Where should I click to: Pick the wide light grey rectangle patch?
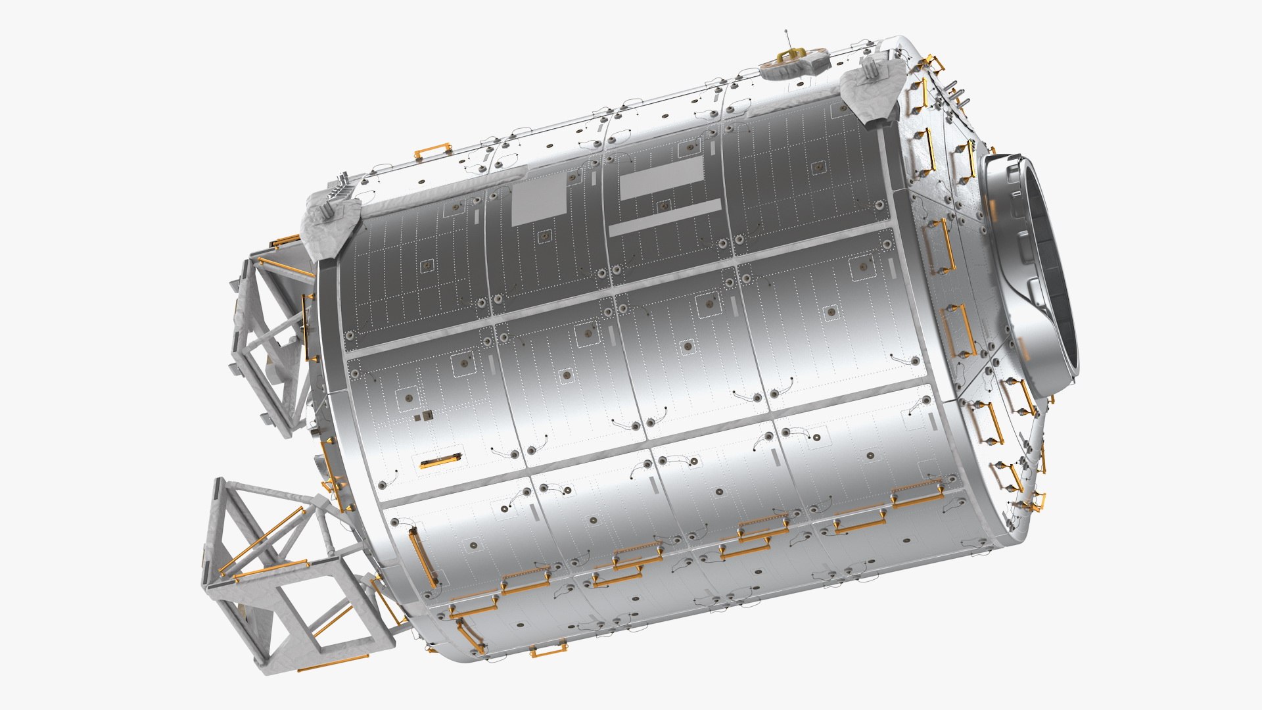click(661, 176)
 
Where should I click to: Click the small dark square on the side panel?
click(428, 415)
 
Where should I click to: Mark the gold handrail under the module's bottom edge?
click(547, 652)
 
